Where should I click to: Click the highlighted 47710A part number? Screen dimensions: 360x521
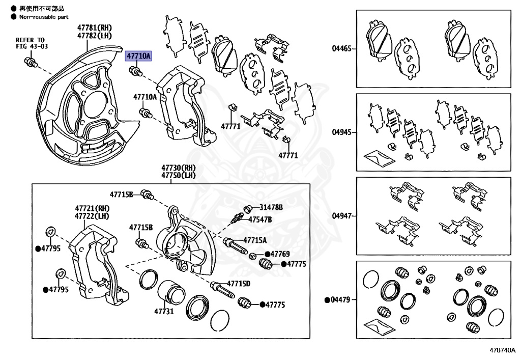click(138, 56)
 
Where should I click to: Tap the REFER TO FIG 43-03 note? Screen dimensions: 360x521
click(30, 43)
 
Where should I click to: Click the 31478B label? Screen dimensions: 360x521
click(271, 207)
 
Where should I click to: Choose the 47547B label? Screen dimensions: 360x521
click(260, 219)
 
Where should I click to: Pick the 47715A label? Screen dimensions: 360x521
click(254, 240)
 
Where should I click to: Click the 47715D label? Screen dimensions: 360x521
click(239, 283)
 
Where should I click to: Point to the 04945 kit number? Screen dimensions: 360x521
click(342, 132)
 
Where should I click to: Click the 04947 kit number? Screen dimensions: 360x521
click(342, 216)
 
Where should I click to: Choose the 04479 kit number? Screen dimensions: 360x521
click(339, 300)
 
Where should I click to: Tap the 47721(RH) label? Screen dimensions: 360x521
click(92, 208)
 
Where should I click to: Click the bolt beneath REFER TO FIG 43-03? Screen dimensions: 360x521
click(30, 63)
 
